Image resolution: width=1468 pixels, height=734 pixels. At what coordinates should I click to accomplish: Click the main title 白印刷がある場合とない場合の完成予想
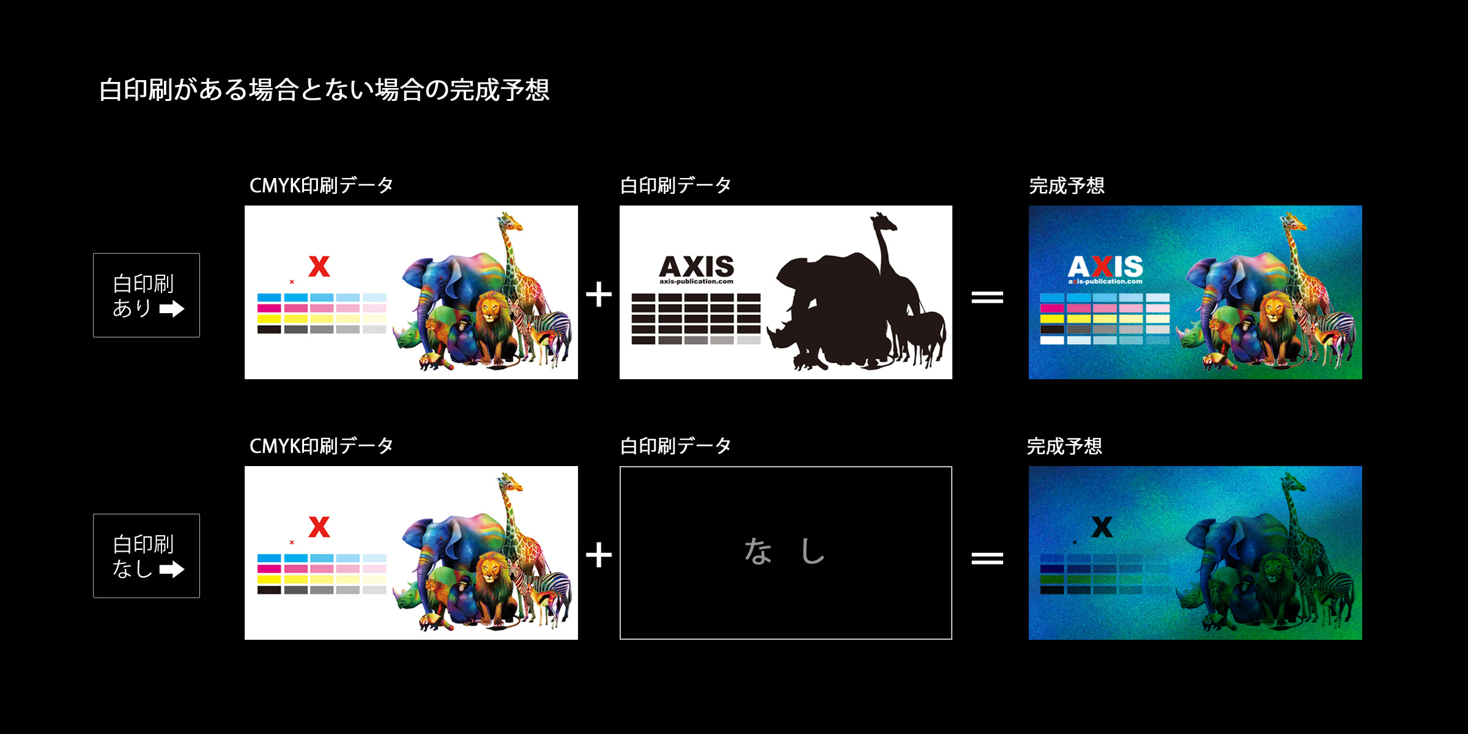coord(324,90)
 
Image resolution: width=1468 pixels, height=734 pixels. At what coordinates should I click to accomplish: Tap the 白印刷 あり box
coord(146,295)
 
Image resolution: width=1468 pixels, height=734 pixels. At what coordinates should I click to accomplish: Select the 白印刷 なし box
coord(146,555)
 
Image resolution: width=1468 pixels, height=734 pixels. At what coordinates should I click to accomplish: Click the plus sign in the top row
coord(599,295)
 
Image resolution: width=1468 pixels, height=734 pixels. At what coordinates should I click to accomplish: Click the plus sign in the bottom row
coord(599,555)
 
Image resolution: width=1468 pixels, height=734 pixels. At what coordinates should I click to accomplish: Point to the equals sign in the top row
coord(987,297)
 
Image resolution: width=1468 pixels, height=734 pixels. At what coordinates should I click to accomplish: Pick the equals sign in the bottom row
coord(987,558)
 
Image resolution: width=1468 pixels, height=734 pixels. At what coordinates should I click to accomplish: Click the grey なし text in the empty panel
coord(785,550)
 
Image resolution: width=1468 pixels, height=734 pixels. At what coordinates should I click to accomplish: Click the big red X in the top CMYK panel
coord(319,266)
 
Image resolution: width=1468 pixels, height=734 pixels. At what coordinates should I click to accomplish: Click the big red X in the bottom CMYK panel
coord(319,527)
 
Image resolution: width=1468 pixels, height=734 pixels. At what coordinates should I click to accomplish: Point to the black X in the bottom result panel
coord(1102,527)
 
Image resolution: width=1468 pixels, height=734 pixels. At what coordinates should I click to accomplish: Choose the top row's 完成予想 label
coord(1067,185)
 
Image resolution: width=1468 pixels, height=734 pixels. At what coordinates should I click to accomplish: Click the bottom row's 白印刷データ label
coord(676,446)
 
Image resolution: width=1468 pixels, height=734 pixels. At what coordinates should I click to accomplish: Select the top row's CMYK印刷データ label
coord(322,185)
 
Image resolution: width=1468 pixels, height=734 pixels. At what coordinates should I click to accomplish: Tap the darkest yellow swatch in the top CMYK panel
coord(269,319)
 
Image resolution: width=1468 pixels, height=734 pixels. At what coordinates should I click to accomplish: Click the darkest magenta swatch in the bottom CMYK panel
coord(269,569)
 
